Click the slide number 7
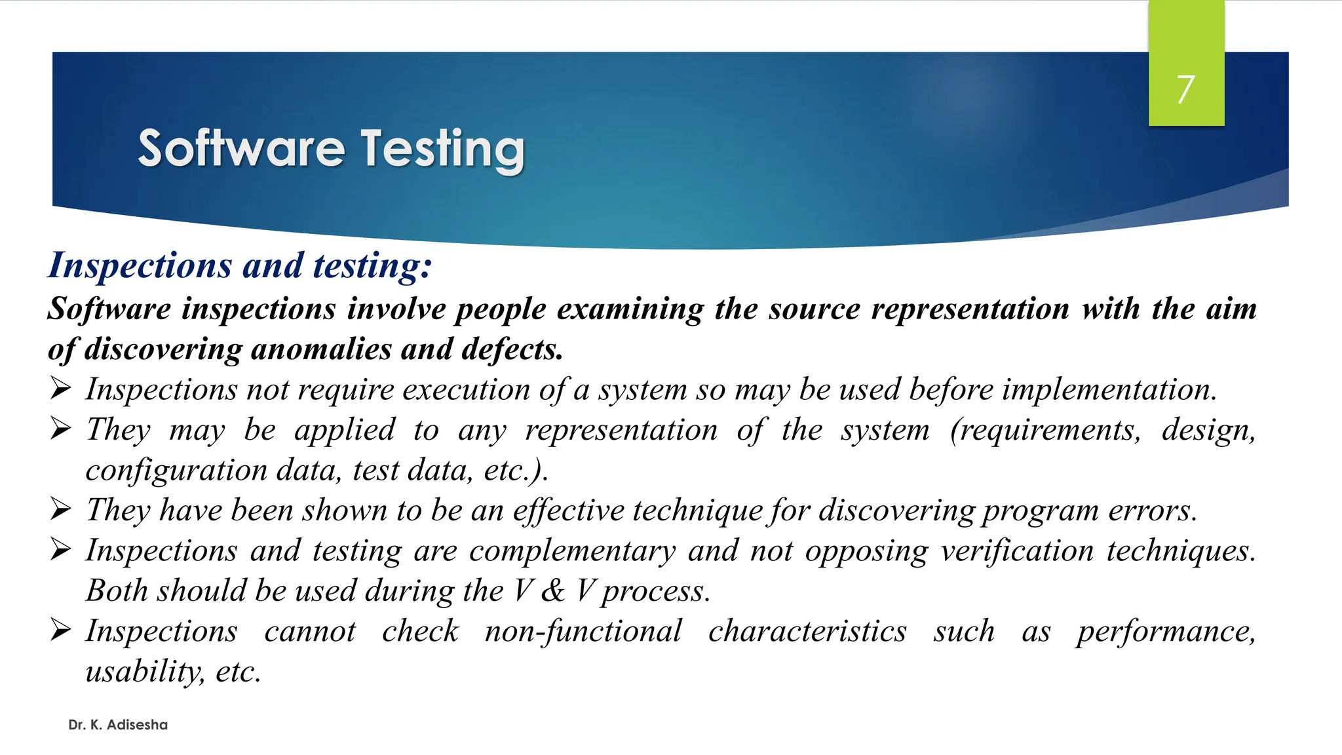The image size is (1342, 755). pyautogui.click(x=1185, y=89)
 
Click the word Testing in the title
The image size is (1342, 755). pyautogui.click(x=443, y=149)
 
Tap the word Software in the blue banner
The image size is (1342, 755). pyautogui.click(x=241, y=149)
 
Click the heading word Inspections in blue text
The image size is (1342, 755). pyautogui.click(x=140, y=266)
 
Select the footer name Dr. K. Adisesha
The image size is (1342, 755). pyautogui.click(x=118, y=725)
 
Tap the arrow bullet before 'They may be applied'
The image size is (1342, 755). pyautogui.click(x=60, y=429)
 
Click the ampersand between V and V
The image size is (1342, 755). pyautogui.click(x=553, y=591)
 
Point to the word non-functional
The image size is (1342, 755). pyautogui.click(x=583, y=632)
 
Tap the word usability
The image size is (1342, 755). pyautogui.click(x=145, y=672)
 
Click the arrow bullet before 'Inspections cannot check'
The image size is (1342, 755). pyautogui.click(x=60, y=630)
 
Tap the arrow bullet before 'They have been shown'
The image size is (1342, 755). pyautogui.click(x=60, y=510)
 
